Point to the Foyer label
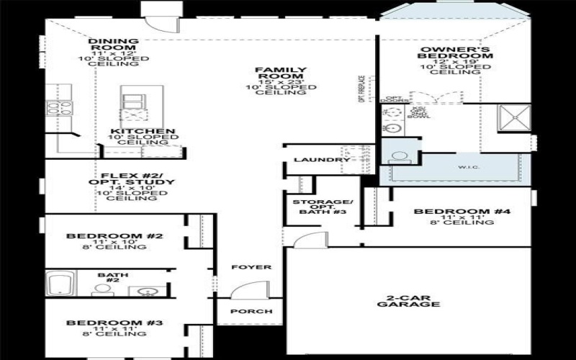coord(241,267)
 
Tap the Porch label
coord(240,311)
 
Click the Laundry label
coord(312,160)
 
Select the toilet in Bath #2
coord(102,290)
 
